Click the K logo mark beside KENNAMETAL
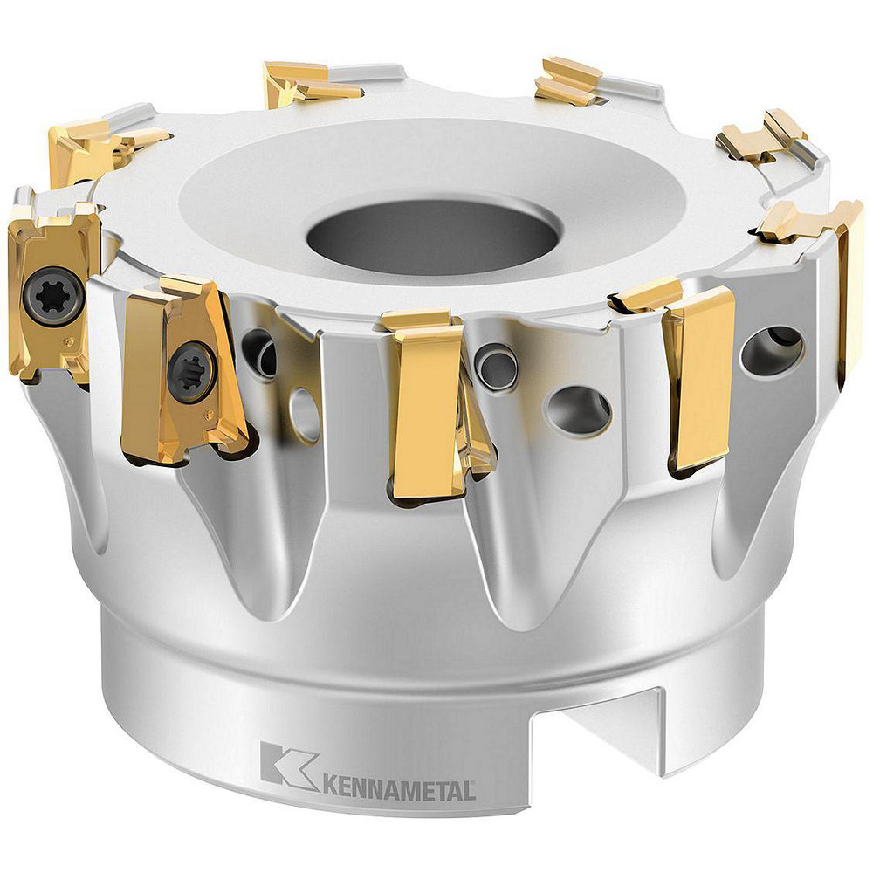[x=288, y=765]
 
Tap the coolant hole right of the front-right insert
[x=771, y=349]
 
